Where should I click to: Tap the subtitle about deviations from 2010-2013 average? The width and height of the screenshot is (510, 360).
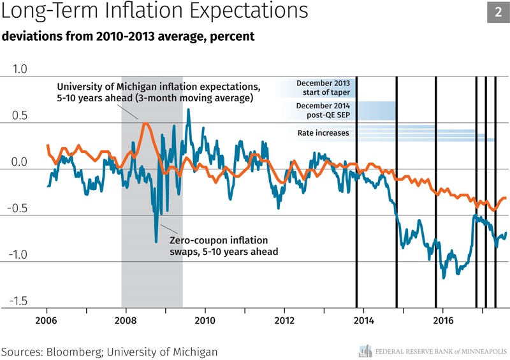128,36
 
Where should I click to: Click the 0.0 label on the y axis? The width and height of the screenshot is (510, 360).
20,162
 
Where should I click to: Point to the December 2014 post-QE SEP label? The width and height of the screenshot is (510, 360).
323,110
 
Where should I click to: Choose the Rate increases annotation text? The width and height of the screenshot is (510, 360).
323,133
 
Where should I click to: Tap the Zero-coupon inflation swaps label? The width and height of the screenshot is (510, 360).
219,246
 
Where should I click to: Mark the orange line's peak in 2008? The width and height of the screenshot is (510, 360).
146,124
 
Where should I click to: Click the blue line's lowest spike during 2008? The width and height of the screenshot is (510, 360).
156,242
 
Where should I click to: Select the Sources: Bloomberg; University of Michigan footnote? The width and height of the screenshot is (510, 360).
109,351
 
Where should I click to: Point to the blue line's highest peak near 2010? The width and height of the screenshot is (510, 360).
188,110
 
